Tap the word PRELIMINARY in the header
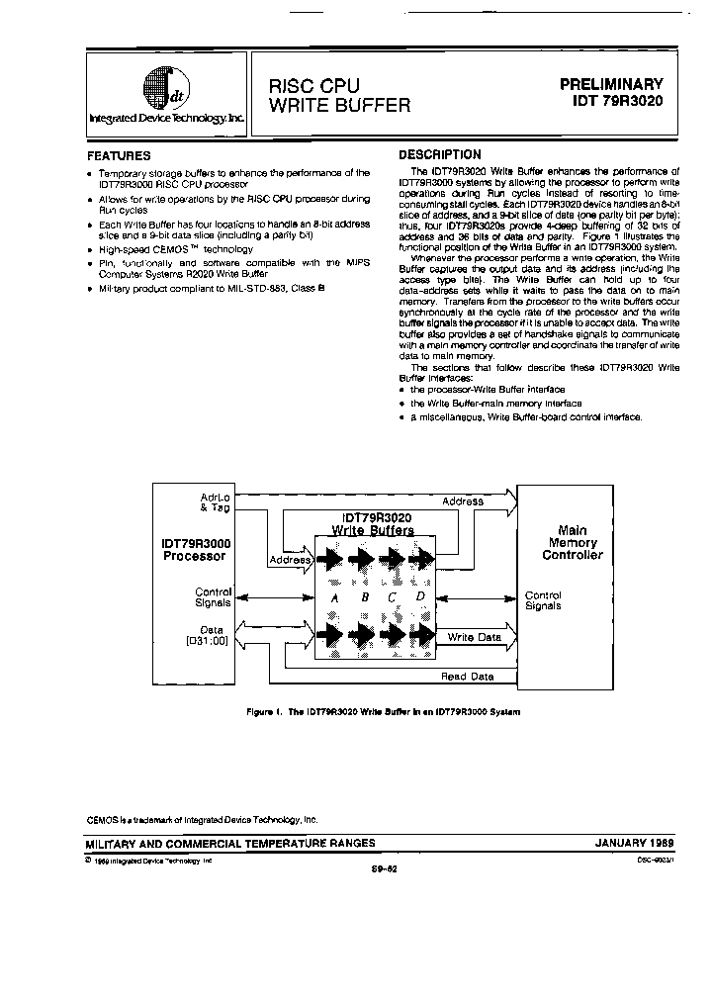click(x=613, y=84)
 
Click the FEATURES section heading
click(x=119, y=155)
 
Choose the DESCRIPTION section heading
click(x=439, y=154)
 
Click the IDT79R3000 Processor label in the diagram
click(x=194, y=549)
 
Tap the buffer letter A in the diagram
click(x=336, y=598)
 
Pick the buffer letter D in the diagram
click(x=419, y=597)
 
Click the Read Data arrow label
click(x=468, y=677)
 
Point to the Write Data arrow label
click(x=474, y=638)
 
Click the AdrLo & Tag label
click(x=215, y=500)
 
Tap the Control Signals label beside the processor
click(x=213, y=597)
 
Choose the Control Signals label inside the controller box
click(x=543, y=600)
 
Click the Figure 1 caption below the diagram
click(x=383, y=712)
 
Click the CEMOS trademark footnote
click(x=202, y=820)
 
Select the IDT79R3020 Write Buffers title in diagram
click(x=377, y=524)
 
